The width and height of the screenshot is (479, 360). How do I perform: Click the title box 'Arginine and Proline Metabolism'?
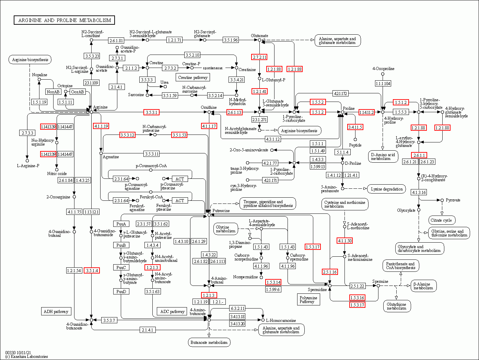coord(64,20)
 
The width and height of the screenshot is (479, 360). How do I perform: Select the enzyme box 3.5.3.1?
coord(151,112)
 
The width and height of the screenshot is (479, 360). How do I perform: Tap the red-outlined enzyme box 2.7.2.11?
coord(259,57)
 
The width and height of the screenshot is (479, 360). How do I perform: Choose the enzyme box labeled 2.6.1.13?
coord(234,112)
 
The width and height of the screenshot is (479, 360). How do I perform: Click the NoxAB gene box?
coord(53,92)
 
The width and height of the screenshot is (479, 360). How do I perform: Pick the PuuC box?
coord(121,267)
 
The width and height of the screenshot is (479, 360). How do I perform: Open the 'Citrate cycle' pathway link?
coord(442,220)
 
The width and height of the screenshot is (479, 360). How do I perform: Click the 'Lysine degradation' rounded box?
coord(387,189)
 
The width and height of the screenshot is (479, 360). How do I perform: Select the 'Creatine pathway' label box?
coord(192,78)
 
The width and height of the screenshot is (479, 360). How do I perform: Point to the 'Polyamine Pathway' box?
coord(308,300)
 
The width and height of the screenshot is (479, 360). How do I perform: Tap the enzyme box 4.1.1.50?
coord(344,241)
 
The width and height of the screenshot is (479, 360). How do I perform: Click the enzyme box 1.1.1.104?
coord(383,83)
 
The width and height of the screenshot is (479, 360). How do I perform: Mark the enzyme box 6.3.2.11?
coord(237,308)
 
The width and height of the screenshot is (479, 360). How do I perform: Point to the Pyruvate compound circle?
coord(442,200)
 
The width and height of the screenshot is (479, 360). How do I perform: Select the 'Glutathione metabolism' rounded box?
coord(397,306)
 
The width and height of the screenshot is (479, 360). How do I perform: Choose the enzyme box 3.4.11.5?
coord(355,127)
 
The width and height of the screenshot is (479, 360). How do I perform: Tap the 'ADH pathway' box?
coord(56,312)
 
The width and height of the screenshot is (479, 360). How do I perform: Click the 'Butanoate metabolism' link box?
coord(209,342)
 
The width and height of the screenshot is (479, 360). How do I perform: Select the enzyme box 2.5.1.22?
coord(358,286)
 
